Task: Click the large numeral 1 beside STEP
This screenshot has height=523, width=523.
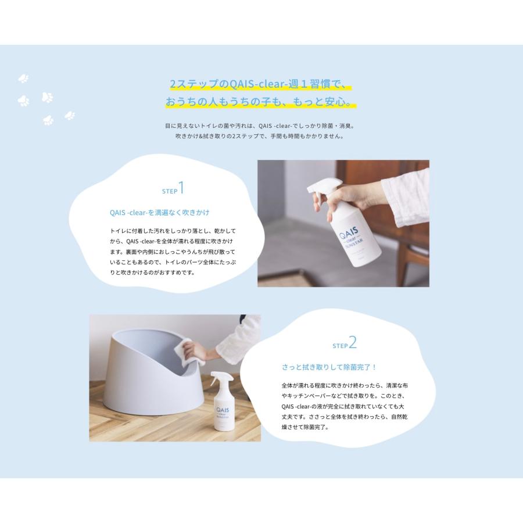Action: tap(181, 188)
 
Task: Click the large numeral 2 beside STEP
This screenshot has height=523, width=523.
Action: tap(352, 343)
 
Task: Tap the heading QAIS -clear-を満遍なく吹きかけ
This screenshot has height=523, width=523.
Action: tap(159, 213)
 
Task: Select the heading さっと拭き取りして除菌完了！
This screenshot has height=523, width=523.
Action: tap(329, 367)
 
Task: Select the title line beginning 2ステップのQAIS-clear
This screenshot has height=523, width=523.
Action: tap(259, 84)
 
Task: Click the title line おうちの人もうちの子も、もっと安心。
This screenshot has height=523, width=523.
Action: tap(259, 103)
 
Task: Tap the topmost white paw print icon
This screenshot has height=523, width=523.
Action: tap(24, 78)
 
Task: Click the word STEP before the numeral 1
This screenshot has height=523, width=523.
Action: tap(169, 191)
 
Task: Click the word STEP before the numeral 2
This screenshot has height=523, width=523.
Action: tap(339, 346)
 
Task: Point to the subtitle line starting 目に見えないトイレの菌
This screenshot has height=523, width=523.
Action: tap(259, 126)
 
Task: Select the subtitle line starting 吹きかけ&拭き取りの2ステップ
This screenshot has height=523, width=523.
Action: tap(259, 137)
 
